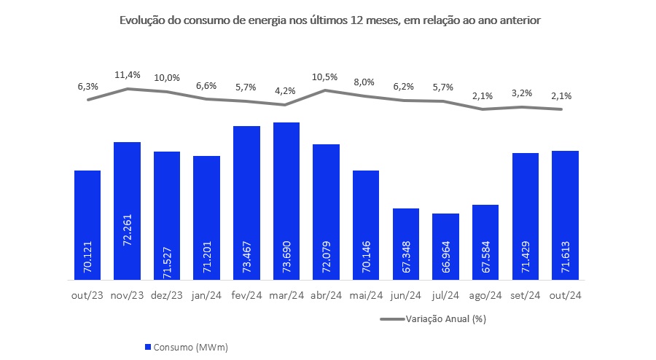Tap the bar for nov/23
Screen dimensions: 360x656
coord(127,211)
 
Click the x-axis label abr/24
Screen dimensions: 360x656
coord(326,295)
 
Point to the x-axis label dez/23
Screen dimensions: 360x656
coord(167,295)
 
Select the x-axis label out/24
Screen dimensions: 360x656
coord(565,295)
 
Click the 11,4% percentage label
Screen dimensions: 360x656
coord(128,74)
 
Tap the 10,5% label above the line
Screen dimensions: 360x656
coord(326,77)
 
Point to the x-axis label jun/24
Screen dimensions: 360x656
coord(405,295)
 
